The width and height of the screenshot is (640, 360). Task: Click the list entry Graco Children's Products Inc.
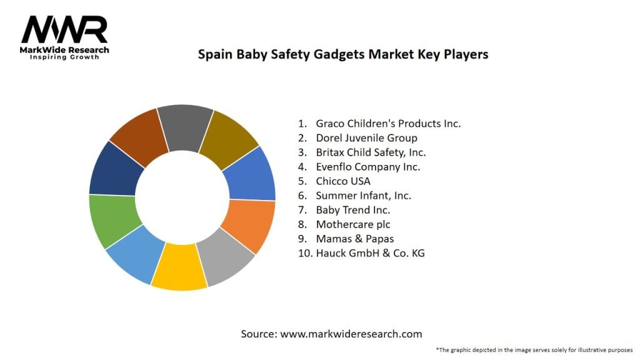pos(388,123)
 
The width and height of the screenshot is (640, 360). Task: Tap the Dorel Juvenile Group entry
pos(366,137)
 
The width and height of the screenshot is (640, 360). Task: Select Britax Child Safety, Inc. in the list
pos(371,152)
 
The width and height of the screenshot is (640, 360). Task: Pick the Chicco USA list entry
pos(343,181)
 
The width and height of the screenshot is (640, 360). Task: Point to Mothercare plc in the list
pos(353,224)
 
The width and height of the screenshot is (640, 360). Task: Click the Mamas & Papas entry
pos(355,239)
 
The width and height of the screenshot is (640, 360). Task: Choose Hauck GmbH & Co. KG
pos(370,253)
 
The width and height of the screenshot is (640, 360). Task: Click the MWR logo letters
pos(64,29)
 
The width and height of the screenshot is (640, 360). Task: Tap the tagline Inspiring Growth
pos(65,57)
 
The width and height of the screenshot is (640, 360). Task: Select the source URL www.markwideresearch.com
pos(351,334)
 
